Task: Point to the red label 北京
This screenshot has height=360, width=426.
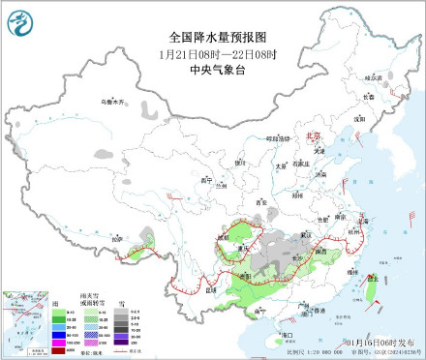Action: tap(312, 138)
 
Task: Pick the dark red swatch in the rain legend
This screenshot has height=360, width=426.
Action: tap(56, 351)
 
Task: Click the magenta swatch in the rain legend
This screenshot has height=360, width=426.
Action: tap(56, 343)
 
